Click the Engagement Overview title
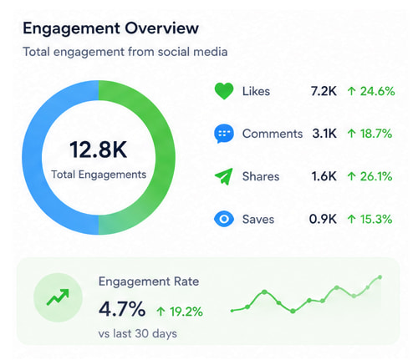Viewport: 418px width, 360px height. click(110, 28)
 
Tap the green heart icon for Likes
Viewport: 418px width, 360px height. click(223, 91)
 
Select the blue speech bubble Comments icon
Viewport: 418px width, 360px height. click(223, 134)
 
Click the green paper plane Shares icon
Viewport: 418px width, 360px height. click(223, 176)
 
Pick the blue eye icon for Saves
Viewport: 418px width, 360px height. click(223, 219)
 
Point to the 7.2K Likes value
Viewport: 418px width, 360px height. click(324, 91)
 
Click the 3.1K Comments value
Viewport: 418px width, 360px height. click(324, 134)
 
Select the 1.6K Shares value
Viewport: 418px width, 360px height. click(324, 176)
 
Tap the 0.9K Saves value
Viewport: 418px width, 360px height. click(324, 219)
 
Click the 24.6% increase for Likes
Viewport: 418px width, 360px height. click(370, 91)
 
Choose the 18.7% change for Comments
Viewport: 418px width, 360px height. click(370, 134)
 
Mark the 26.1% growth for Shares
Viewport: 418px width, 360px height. click(370, 176)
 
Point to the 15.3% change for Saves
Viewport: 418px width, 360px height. click(370, 219)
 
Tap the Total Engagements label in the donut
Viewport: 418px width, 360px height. click(99, 175)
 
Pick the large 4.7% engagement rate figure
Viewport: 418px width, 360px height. click(122, 310)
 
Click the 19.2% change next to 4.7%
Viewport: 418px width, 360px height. click(180, 312)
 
